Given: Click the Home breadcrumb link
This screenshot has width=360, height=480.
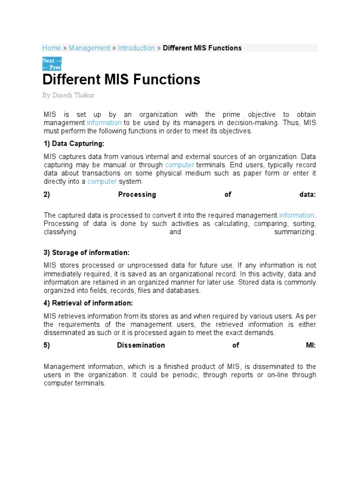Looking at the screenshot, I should tap(52, 48).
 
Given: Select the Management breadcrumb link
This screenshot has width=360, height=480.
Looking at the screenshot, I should tap(90, 48).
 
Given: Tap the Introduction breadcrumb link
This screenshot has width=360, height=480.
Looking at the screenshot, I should tap(136, 48).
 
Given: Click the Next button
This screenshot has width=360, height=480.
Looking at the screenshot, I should tap(52, 60).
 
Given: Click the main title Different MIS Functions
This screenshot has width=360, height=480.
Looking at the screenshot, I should tap(121, 79).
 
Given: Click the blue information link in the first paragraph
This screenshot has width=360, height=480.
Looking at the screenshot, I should tap(104, 123).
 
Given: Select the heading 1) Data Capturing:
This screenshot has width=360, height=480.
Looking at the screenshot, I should tap(74, 143).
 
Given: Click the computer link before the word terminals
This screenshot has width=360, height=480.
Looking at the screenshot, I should tap(180, 165).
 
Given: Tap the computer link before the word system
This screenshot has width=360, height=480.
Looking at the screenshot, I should tap(102, 181).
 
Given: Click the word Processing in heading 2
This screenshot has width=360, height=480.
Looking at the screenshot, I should tap(137, 195).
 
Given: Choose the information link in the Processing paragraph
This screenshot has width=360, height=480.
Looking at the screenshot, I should tap(297, 215).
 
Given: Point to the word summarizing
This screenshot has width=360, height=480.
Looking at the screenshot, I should tap(295, 232).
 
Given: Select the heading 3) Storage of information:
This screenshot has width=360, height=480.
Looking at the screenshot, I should tap(86, 253).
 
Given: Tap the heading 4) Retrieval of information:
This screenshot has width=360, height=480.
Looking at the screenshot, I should tap(88, 303).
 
